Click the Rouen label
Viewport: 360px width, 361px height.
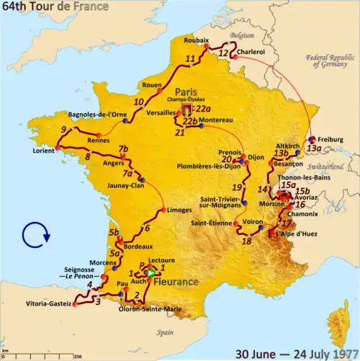click(156, 85)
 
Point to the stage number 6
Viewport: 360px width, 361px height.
click(147, 229)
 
